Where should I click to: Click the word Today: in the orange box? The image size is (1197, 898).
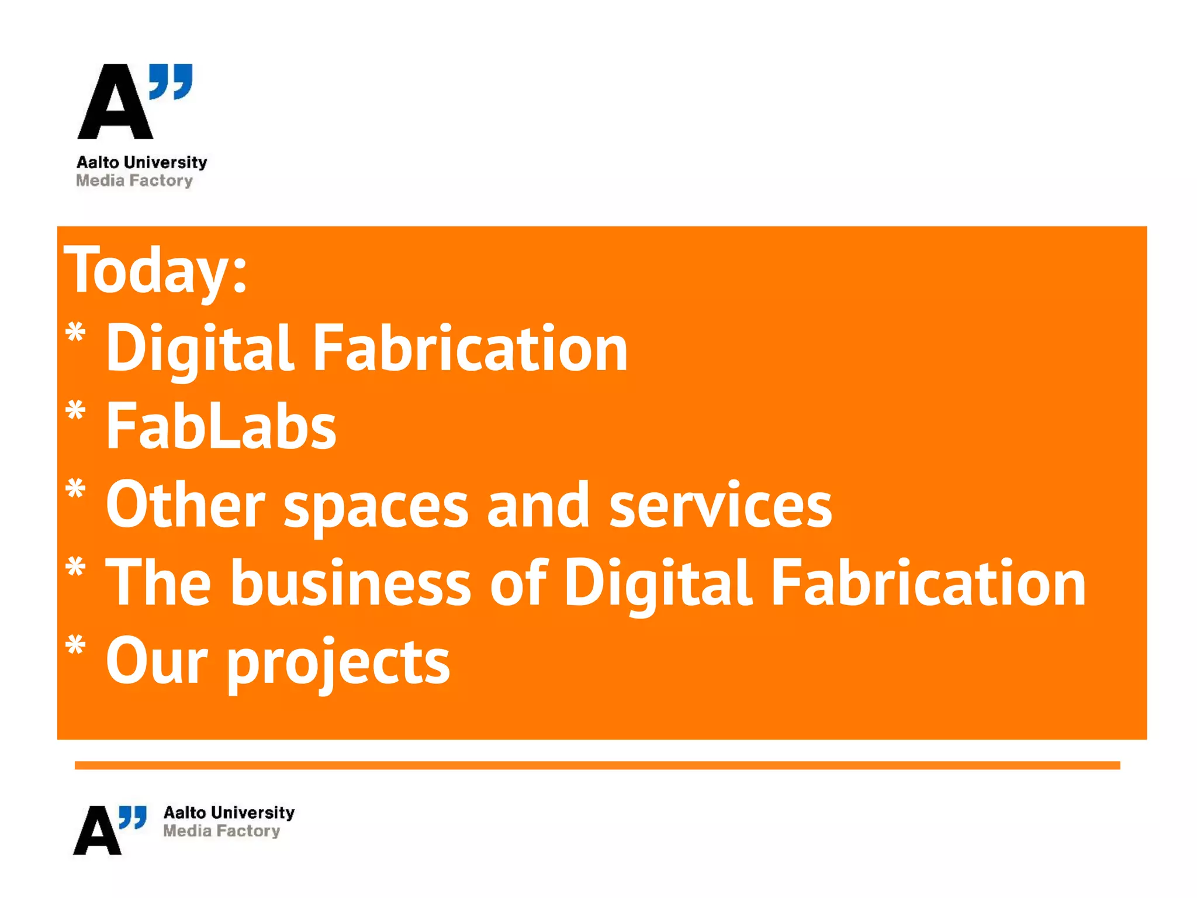(x=155, y=270)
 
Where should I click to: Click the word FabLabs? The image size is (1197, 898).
(x=221, y=427)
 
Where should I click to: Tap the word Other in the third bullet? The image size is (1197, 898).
(x=185, y=504)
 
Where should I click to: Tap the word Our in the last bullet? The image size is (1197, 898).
(x=157, y=661)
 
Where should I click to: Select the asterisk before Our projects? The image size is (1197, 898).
(x=76, y=647)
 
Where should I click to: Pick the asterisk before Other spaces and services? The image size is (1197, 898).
(x=76, y=489)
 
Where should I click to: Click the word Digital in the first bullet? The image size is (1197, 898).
(x=199, y=350)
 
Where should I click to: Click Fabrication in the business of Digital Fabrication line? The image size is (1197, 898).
(x=928, y=582)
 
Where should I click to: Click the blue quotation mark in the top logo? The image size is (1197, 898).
(x=171, y=81)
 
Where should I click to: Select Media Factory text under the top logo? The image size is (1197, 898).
(x=134, y=181)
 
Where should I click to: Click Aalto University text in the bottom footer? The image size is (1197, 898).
(x=229, y=813)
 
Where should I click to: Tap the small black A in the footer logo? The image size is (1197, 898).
(x=97, y=831)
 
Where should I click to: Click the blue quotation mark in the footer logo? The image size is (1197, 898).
(x=133, y=817)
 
